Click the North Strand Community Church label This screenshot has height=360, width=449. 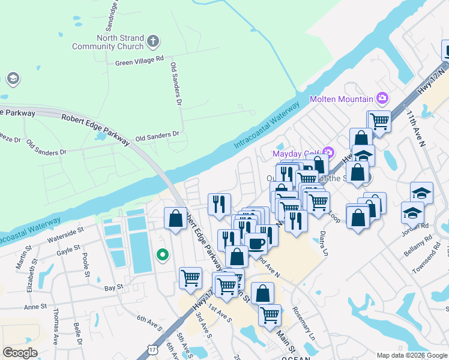[x=108, y=41]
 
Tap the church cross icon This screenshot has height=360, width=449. [x=153, y=41]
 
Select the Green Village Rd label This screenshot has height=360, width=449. [x=139, y=61]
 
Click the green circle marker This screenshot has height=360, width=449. [x=161, y=255]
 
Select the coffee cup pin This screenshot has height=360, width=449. [x=256, y=244]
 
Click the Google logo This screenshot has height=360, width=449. [x=20, y=353]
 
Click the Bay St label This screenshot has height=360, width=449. [x=113, y=287]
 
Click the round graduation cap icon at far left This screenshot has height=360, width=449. [x=13, y=79]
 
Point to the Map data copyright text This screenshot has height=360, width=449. [x=412, y=355]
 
